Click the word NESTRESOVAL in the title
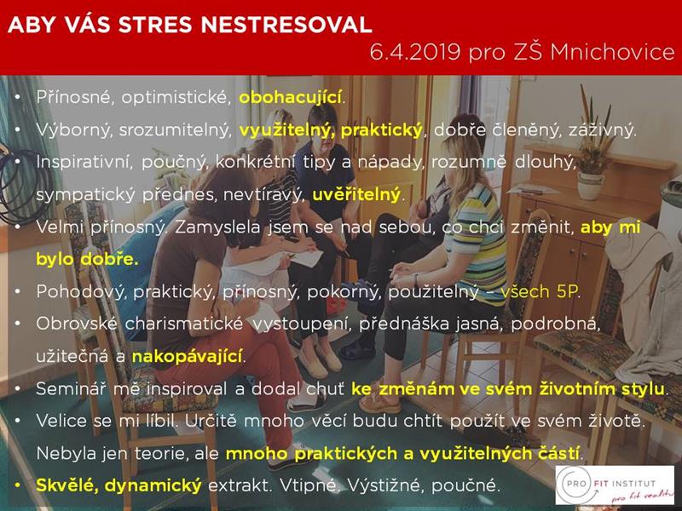click(x=286, y=25)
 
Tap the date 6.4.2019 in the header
click(x=415, y=52)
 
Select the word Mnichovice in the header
click(x=612, y=52)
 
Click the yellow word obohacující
click(x=290, y=98)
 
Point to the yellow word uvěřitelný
click(x=356, y=195)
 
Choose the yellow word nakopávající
click(x=187, y=357)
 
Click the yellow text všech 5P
click(x=539, y=291)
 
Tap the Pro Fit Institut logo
click(x=615, y=485)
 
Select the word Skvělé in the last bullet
click(x=66, y=485)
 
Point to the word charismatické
click(x=183, y=324)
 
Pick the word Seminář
click(x=71, y=388)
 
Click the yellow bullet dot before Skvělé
click(x=18, y=485)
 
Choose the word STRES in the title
click(x=156, y=25)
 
